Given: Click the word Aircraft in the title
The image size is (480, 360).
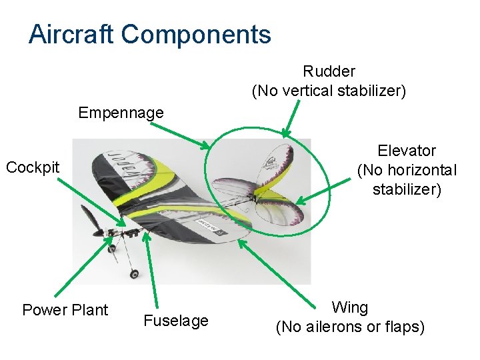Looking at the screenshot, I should (71, 34).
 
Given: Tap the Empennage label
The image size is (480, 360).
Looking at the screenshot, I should (121, 113).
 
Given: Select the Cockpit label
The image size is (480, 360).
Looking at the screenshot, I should (33, 167).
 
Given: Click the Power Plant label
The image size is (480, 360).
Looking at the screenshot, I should (65, 310).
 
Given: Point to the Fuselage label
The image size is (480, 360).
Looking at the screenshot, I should (176, 321).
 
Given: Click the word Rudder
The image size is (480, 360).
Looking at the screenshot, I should (329, 71).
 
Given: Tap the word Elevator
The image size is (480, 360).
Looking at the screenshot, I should (407, 151).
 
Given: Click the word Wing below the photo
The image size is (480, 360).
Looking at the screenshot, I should (350, 307).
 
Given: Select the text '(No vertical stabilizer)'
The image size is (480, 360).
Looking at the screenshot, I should (329, 91).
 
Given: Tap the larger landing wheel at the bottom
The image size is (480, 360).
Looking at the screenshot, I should (135, 273).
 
